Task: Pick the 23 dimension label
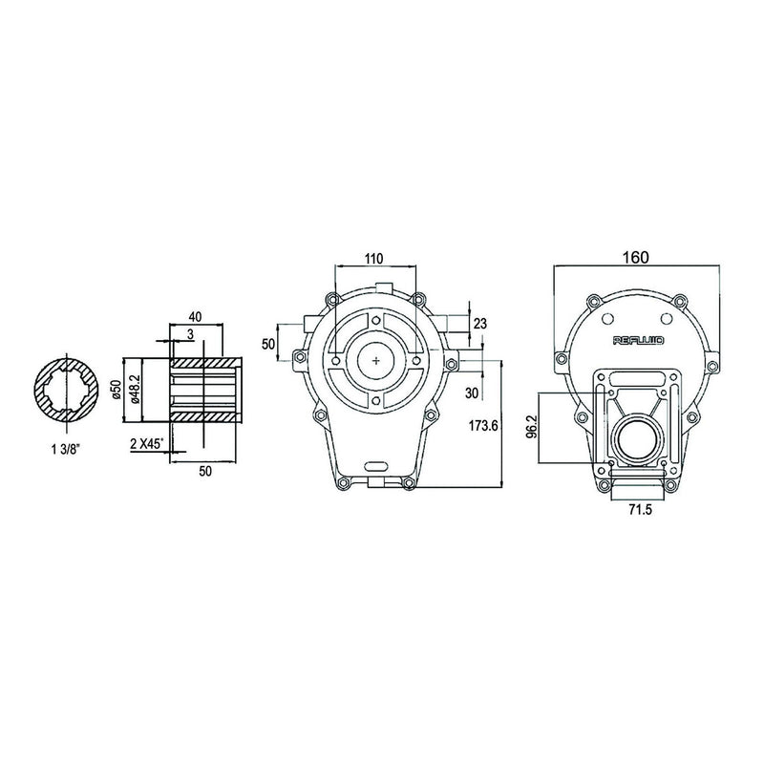point(480,325)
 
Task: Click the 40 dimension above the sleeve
point(194,317)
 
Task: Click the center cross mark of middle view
point(377,360)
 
